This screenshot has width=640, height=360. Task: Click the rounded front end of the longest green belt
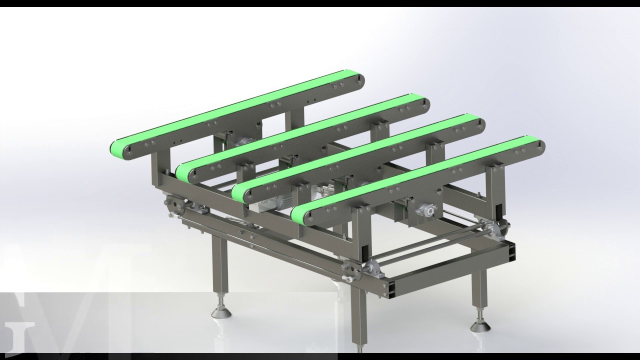point(118,149)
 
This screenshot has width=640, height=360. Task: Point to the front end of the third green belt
point(239,194)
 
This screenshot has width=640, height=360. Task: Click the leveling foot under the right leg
point(479,325)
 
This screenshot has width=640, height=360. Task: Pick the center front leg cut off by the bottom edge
point(358,320)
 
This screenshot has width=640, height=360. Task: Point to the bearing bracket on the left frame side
point(175,206)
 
